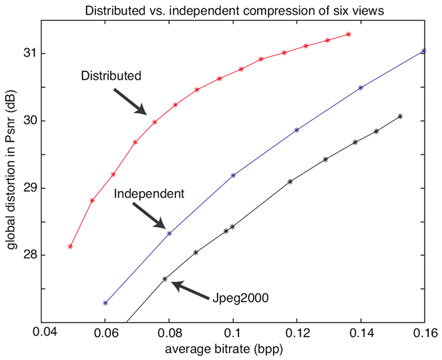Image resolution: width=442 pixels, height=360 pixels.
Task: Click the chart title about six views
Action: [x=234, y=9]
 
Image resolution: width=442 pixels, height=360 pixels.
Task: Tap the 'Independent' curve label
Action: [x=149, y=194]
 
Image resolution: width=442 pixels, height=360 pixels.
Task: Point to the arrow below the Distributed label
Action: [x=130, y=100]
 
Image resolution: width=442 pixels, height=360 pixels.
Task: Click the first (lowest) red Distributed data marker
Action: [x=71, y=246]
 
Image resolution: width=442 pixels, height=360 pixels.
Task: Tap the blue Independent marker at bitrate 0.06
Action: [x=105, y=303]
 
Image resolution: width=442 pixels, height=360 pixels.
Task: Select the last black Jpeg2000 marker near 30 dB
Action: [x=400, y=116]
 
